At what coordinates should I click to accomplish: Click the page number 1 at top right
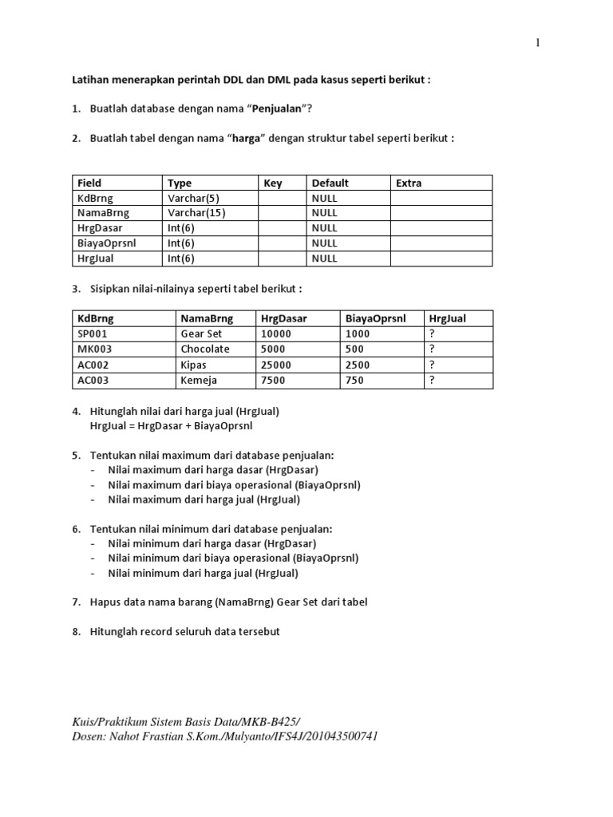point(538,43)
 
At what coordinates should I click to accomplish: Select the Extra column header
point(409,183)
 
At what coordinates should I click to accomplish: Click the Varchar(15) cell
point(196,213)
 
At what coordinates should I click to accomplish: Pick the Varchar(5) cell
point(193,198)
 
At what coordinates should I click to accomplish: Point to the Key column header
point(273,183)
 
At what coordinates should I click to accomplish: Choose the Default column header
point(330,183)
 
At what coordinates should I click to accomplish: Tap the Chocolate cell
point(205,349)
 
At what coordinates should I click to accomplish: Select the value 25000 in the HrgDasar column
point(276,365)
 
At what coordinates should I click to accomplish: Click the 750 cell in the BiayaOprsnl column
point(354,381)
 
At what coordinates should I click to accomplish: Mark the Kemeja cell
point(199,381)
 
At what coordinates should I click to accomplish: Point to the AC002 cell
point(93,365)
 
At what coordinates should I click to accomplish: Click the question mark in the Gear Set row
point(432,334)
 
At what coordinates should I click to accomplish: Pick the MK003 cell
point(94,349)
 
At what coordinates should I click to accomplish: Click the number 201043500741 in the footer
point(334,736)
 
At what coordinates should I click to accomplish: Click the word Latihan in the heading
point(90,80)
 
